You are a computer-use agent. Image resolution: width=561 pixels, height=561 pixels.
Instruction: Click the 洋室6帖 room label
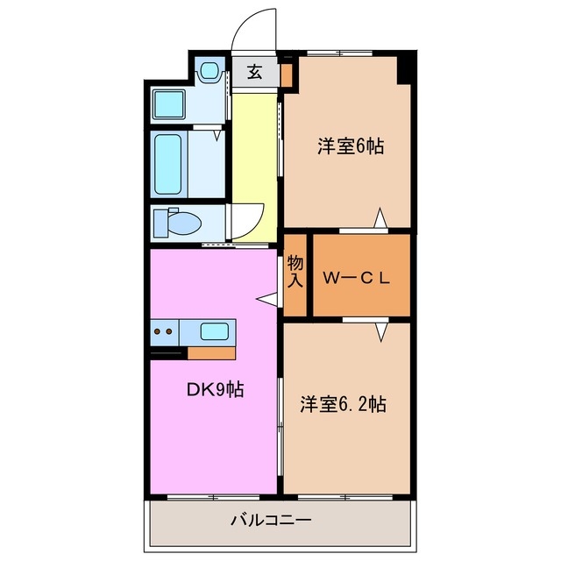point(350,147)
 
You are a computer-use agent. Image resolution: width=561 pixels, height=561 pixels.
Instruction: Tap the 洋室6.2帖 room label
point(343,405)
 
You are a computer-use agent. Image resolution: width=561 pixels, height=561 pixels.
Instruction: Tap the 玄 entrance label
point(254,73)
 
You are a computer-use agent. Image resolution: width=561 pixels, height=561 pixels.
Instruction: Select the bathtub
point(168,165)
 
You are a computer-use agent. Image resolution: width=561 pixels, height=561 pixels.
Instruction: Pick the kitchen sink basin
point(215,331)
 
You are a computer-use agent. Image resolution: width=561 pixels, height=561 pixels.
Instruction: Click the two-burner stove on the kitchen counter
point(163,331)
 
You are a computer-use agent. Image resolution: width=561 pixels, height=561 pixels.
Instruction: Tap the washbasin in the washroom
point(209,70)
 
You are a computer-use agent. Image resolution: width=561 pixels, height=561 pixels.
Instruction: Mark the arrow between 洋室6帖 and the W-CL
point(380,218)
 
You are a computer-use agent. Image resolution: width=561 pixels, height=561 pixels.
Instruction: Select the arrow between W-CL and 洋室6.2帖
point(382,331)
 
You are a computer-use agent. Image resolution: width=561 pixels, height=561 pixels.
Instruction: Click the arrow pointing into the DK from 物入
point(266,300)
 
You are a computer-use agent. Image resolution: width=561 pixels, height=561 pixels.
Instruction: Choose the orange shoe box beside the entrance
point(286,74)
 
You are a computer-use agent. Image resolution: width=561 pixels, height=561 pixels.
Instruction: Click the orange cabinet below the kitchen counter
point(211,353)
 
